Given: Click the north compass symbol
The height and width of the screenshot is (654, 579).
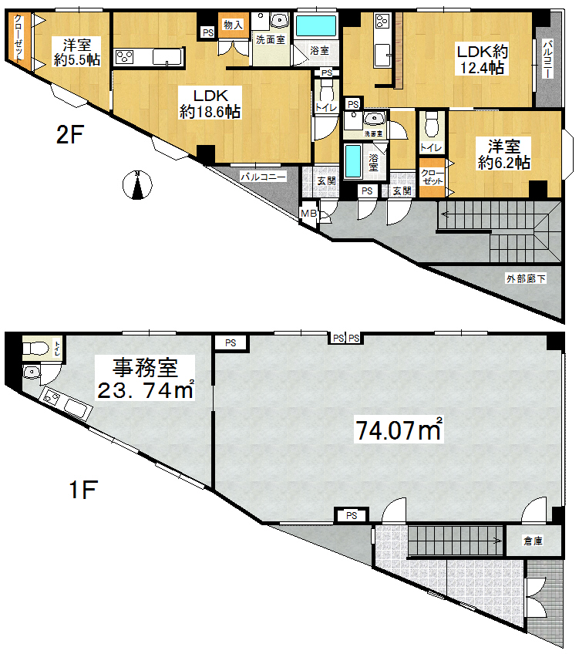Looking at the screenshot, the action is point(137,185).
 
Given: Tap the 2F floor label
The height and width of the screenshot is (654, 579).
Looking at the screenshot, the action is point(70,135).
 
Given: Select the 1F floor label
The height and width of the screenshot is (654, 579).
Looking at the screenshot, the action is point(83,489).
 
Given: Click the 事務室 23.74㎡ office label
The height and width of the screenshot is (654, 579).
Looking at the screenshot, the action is point(145,379).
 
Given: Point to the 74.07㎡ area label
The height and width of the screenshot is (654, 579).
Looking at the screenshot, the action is point(398,429).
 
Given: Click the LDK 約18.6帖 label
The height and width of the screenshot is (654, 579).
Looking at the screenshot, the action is point(210,104).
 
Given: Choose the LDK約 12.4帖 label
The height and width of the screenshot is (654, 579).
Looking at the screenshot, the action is point(483,59).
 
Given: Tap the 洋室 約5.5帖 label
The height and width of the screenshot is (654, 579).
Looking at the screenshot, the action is point(77,52).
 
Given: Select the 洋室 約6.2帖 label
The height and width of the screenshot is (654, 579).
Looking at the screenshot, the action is point(504,154).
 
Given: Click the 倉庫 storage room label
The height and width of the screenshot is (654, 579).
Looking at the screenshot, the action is point(534,541).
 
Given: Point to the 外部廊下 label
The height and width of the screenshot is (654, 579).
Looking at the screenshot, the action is point(526,278).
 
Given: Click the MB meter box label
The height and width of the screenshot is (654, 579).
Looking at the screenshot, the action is point(308,213).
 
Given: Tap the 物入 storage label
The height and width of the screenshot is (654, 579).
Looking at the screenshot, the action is point(233,25).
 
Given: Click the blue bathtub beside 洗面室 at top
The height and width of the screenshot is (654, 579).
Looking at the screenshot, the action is point(316,26).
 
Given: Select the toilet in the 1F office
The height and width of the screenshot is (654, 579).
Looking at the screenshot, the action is point(35,347).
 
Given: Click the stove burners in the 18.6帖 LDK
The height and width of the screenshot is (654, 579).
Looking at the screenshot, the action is point(124,57).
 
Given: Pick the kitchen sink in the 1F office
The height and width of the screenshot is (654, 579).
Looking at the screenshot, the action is point(76,408).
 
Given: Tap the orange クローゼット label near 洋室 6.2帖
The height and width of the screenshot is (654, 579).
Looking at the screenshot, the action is point(433,177).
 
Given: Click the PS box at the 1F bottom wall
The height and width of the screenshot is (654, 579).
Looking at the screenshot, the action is point(352,515).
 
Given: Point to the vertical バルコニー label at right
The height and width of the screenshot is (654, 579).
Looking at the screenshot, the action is point(549,59).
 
